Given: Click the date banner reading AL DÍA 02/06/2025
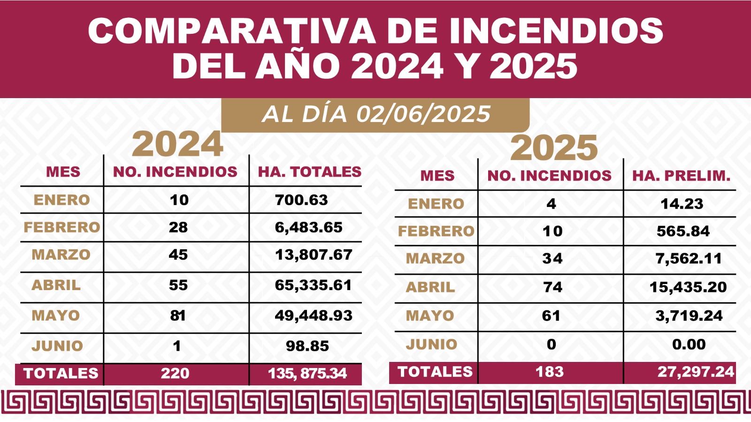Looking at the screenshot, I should pyautogui.click(x=375, y=114).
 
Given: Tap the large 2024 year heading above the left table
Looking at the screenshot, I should pyautogui.click(x=177, y=144).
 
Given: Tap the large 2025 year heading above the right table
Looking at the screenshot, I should pyautogui.click(x=554, y=148).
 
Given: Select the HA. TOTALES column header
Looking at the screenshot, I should pyautogui.click(x=309, y=172).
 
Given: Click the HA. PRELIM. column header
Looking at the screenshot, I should pyautogui.click(x=681, y=176).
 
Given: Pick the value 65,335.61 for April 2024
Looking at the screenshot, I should pyautogui.click(x=313, y=285).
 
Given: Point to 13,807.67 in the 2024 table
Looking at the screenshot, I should pyautogui.click(x=313, y=254).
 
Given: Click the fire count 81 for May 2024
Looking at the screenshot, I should pyautogui.click(x=178, y=315).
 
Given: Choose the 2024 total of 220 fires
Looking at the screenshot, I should pyautogui.click(x=175, y=373).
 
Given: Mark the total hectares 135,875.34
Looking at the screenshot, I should pyautogui.click(x=307, y=373).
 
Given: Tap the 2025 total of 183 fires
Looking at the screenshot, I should pyautogui.click(x=550, y=372).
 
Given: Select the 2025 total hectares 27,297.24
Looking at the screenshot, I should pyautogui.click(x=695, y=372).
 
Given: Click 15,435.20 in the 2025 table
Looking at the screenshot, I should pyautogui.click(x=688, y=287).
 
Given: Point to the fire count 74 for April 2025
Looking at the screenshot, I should pyautogui.click(x=552, y=287).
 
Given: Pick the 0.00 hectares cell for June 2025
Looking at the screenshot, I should pyautogui.click(x=689, y=344).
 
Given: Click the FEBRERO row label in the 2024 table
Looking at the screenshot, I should pyautogui.click(x=61, y=227).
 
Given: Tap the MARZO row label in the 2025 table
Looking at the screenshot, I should pyautogui.click(x=435, y=258).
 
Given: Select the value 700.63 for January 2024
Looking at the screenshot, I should pyautogui.click(x=301, y=200).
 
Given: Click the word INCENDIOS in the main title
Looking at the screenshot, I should pyautogui.click(x=556, y=31).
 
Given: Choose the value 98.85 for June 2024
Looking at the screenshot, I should pyautogui.click(x=307, y=346).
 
